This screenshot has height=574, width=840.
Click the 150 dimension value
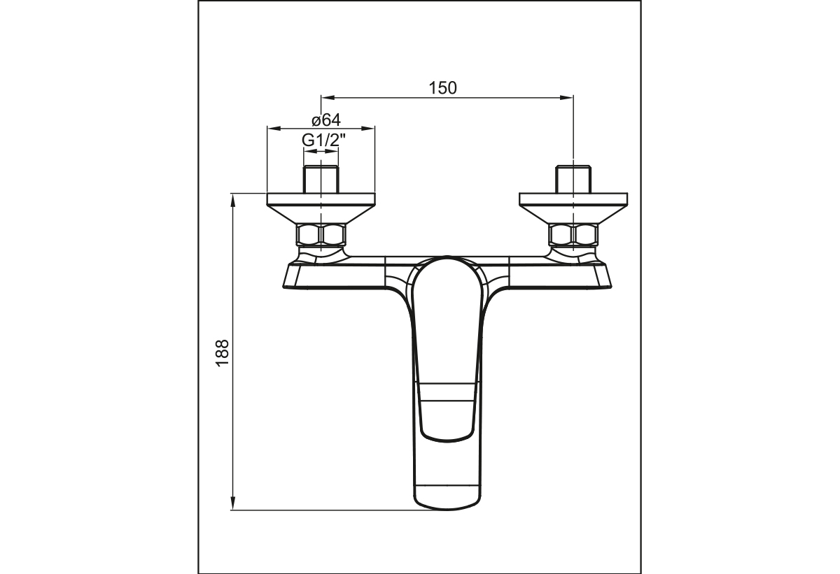click(x=442, y=88)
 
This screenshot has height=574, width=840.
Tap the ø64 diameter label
click(x=326, y=120)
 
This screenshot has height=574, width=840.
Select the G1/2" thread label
click(x=323, y=141)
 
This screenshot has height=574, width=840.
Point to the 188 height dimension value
click(x=223, y=353)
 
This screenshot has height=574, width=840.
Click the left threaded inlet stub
click(x=321, y=179)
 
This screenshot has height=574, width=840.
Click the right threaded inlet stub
click(x=573, y=179)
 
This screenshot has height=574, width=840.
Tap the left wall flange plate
click(x=321, y=208)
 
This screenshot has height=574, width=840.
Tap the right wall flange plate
click(x=573, y=208)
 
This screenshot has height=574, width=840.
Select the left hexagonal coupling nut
click(x=321, y=235)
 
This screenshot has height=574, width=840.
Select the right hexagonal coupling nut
click(x=573, y=235)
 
